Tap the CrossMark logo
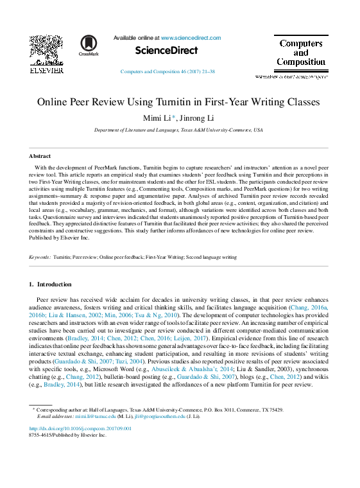pyautogui.click(x=89, y=46)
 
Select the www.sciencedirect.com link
pyautogui.click(x=191, y=38)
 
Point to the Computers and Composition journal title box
pyautogui.click(x=300, y=53)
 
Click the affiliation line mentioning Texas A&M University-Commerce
pyautogui.click(x=178, y=130)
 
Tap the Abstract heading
pyautogui.click(x=40, y=156)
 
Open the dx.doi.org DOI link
pyautogui.click(x=80, y=428)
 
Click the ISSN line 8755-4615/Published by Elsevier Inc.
pyautogui.click(x=67, y=435)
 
